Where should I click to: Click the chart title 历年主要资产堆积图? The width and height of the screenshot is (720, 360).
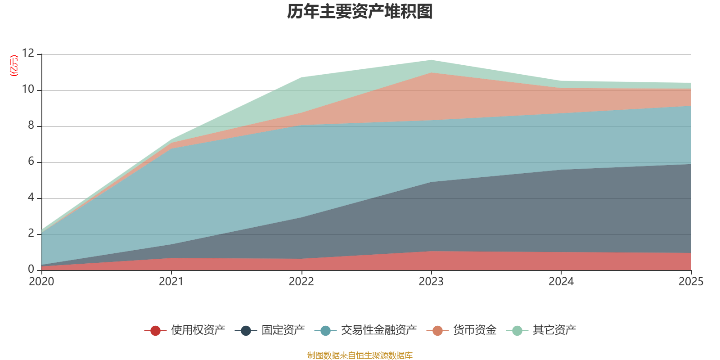(x=360, y=12)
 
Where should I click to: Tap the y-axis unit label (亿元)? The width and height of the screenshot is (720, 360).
(x=14, y=66)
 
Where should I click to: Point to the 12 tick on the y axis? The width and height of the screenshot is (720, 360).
(x=28, y=53)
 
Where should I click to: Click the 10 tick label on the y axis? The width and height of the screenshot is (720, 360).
(x=28, y=89)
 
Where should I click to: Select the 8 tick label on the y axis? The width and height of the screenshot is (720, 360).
(x=31, y=125)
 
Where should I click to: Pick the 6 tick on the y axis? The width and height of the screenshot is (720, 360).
(x=31, y=161)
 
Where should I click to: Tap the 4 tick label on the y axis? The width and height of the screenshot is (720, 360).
(x=31, y=197)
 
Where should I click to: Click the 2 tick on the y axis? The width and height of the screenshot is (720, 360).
(x=31, y=233)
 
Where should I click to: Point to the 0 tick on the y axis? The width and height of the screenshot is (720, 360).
(x=31, y=269)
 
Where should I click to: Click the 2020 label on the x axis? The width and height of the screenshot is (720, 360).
(x=41, y=282)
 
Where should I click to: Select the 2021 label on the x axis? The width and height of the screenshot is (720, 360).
(x=171, y=282)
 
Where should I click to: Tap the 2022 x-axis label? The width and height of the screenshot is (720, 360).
(x=301, y=282)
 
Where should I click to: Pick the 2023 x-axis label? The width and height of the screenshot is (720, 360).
(x=431, y=282)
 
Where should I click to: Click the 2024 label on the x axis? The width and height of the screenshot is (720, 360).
(x=561, y=282)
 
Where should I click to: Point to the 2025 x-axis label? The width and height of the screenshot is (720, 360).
(x=691, y=282)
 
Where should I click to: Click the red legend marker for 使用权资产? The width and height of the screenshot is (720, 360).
(x=155, y=331)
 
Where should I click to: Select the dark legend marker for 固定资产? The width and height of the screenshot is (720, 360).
(x=246, y=331)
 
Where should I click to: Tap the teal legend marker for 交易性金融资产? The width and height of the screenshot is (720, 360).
(x=326, y=331)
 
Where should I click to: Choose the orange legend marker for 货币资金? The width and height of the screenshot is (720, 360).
(x=437, y=331)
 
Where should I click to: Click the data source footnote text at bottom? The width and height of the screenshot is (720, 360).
(x=360, y=355)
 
